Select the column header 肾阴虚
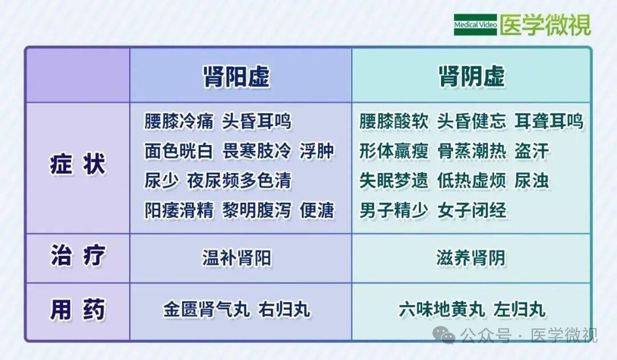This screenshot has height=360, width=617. [x=471, y=77]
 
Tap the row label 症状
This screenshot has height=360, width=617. [x=78, y=166]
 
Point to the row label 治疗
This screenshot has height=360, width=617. [x=78, y=257]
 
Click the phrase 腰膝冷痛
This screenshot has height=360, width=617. [x=179, y=121]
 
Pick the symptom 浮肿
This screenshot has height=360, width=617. [x=317, y=151]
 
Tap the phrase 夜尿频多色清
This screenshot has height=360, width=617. [x=239, y=181]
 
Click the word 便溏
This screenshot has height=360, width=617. [x=317, y=211]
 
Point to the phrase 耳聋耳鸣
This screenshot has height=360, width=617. [x=548, y=121]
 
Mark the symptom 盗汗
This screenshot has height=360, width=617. [x=531, y=151]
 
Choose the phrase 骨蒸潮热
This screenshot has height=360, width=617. [x=471, y=151]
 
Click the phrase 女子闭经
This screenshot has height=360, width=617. [x=471, y=211]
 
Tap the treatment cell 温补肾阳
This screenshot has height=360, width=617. [x=237, y=258]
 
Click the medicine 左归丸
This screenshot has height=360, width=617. [x=521, y=310]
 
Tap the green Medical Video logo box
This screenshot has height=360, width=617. [x=475, y=25]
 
